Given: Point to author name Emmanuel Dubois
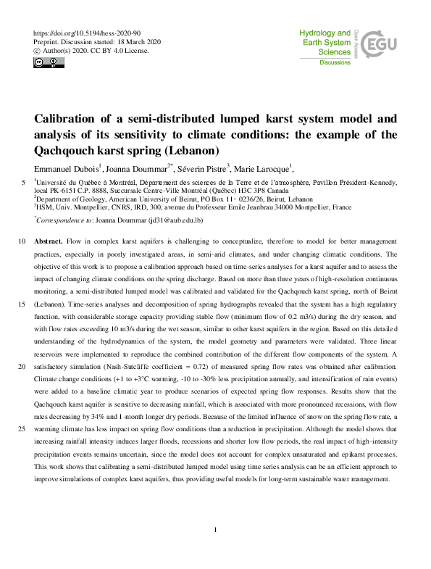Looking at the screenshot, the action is click(x=66, y=167).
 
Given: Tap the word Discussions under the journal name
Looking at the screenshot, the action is click(x=335, y=63).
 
